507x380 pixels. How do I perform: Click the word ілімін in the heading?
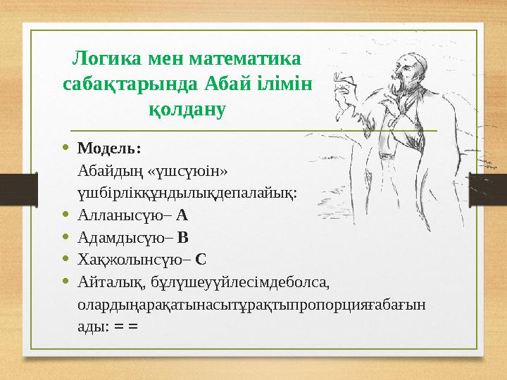click(284, 83)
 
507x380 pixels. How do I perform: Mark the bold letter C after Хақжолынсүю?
click(201, 259)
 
